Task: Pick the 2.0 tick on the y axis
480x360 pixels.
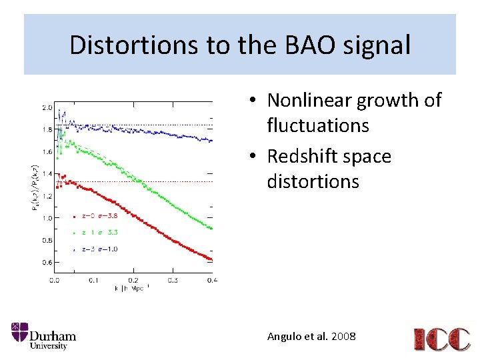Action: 46,107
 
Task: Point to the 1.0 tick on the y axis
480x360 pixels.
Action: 46,218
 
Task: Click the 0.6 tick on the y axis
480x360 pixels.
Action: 46,263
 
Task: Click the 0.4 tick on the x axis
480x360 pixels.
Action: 211,281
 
